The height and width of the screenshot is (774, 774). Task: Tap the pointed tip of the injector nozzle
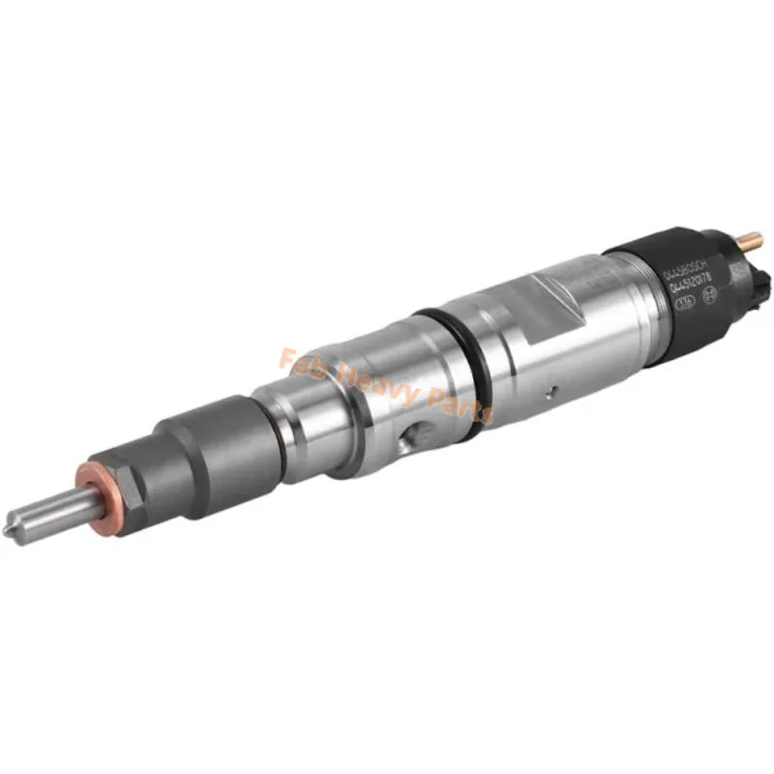click(17, 533)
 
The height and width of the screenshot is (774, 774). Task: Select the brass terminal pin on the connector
click(751, 239)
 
